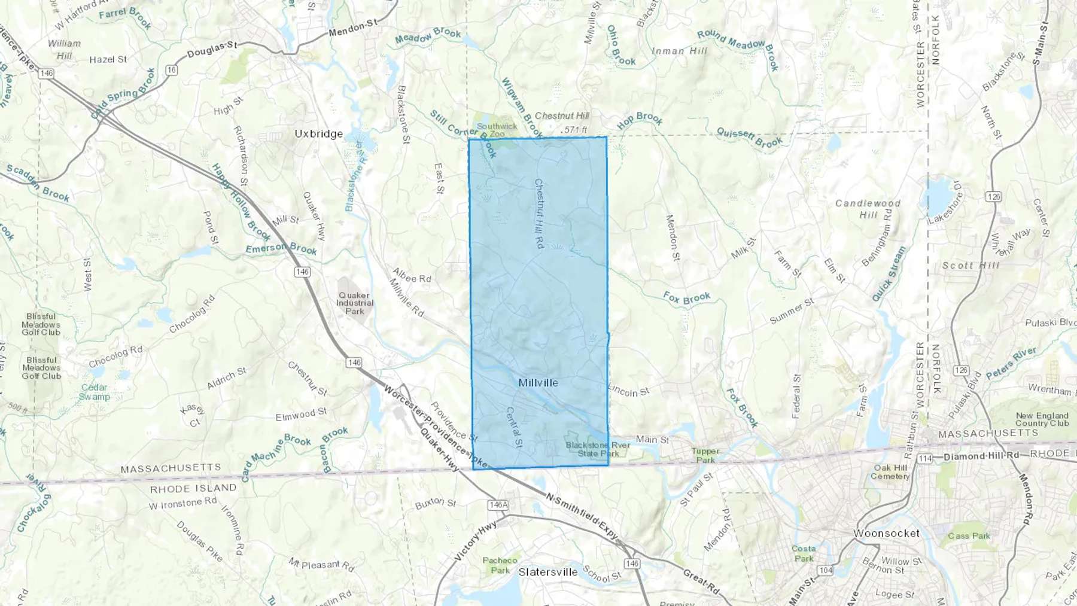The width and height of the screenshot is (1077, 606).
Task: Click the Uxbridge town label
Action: click(x=318, y=134)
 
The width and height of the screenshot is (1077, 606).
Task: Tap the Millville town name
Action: click(x=538, y=383)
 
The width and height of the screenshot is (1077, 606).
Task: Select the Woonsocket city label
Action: click(x=886, y=533)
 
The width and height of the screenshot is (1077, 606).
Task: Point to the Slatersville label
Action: click(x=548, y=572)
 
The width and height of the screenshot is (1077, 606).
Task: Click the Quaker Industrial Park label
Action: click(x=354, y=303)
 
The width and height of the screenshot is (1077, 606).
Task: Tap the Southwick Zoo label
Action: click(x=497, y=130)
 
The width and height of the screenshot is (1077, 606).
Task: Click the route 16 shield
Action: click(x=172, y=70)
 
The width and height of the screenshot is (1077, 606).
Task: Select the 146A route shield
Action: click(x=498, y=505)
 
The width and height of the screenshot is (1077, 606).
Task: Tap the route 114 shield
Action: click(x=925, y=458)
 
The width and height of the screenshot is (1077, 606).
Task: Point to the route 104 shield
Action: click(x=826, y=570)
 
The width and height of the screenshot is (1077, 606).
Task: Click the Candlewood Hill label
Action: click(x=868, y=209)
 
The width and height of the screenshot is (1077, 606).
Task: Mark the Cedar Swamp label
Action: click(x=94, y=392)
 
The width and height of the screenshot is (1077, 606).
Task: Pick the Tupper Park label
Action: click(x=705, y=455)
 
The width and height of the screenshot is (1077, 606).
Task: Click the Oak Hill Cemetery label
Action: click(x=890, y=472)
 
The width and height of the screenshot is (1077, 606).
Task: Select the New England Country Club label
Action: click(x=1042, y=419)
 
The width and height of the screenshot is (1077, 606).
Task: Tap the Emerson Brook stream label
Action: click(x=281, y=248)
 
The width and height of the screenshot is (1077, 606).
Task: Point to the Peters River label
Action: click(x=1011, y=363)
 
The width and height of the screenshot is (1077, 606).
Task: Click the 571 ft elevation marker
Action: click(x=575, y=130)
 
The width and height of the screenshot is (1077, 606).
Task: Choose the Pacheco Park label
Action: click(x=500, y=565)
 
